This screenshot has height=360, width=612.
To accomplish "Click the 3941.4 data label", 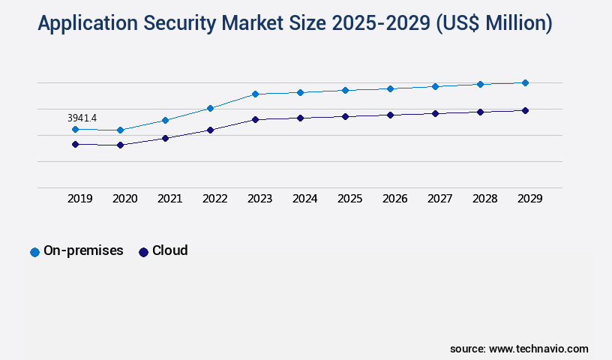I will pyautogui.click(x=82, y=118).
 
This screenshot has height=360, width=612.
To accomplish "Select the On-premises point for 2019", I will pyautogui.click(x=75, y=129).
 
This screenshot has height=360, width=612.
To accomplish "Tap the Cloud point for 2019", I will pyautogui.click(x=75, y=144).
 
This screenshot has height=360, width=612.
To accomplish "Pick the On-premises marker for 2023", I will pyautogui.click(x=255, y=94).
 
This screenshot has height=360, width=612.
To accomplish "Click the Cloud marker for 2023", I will pyautogui.click(x=255, y=119).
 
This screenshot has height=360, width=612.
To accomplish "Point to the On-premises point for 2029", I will pyautogui.click(x=525, y=82).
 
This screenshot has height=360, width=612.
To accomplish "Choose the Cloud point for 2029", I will pyautogui.click(x=525, y=110).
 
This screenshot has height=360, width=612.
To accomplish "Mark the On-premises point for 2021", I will pyautogui.click(x=165, y=120).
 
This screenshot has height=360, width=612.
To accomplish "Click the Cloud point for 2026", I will pyautogui.click(x=390, y=115).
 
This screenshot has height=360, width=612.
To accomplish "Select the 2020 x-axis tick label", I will pyautogui.click(x=124, y=199).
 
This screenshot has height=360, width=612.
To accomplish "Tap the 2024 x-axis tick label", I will pyautogui.click(x=304, y=199).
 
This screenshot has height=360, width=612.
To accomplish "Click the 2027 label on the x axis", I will pyautogui.click(x=439, y=199).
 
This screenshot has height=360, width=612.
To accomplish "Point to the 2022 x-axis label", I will pyautogui.click(x=214, y=199).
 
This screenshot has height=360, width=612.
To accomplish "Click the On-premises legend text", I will pyautogui.click(x=83, y=250).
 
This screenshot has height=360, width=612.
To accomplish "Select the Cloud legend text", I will pyautogui.click(x=169, y=250).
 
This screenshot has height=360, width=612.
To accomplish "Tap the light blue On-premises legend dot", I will pyautogui.click(x=34, y=252).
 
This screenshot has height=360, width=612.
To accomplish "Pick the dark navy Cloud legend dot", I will pyautogui.click(x=143, y=252).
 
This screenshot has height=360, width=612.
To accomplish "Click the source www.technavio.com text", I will pyautogui.click(x=519, y=349).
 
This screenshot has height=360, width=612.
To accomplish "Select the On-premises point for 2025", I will pyautogui.click(x=345, y=90).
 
